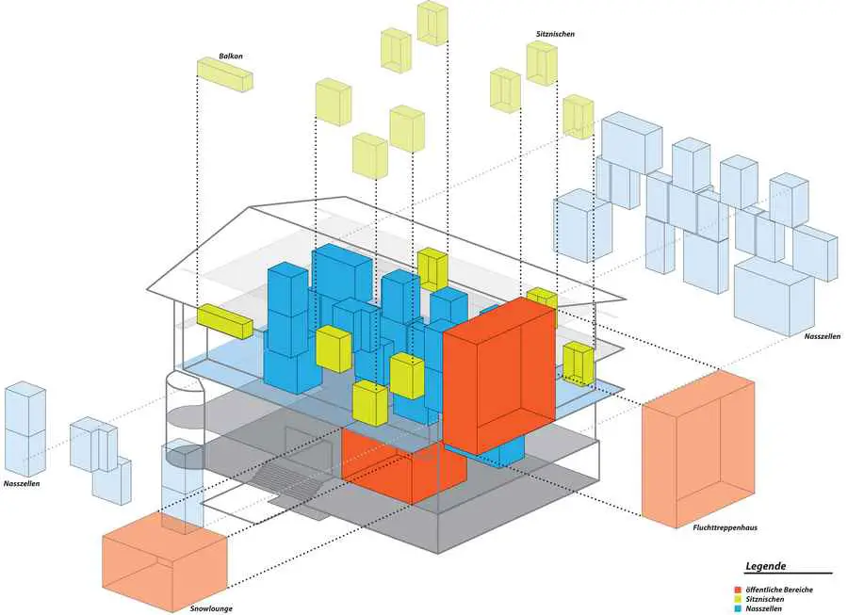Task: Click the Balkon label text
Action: [231, 56]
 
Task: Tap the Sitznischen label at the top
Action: [555, 34]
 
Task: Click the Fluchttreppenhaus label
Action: [725, 526]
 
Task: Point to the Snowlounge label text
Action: [211, 608]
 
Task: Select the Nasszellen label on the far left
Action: [22, 484]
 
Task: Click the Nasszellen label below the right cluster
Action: [822, 336]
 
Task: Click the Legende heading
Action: [765, 566]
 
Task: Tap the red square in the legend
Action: [737, 590]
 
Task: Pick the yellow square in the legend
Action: [737, 599]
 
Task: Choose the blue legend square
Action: [737, 608]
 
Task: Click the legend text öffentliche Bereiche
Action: [779, 590]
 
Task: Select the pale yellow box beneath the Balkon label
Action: [224, 74]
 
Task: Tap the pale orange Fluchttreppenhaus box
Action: [698, 449]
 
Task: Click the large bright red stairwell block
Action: [499, 375]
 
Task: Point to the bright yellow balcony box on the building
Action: [224, 321]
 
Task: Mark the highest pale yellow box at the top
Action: [432, 23]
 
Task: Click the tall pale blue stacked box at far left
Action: [24, 428]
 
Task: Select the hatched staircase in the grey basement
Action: [290, 482]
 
